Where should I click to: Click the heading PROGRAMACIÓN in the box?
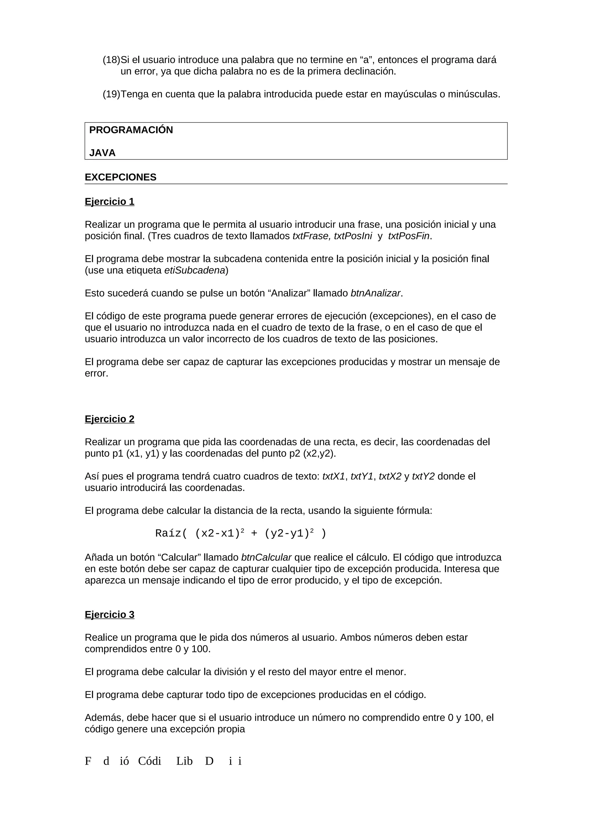131,130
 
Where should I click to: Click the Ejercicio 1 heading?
110,202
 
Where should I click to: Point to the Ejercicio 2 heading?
110,419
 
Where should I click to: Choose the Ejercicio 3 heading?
110,615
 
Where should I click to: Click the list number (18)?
111,60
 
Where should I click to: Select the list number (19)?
111,94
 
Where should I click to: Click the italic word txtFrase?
311,236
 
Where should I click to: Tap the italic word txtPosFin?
408,236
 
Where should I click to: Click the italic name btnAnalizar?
375,294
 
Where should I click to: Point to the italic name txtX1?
333,477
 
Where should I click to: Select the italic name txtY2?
423,477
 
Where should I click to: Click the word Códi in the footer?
149,761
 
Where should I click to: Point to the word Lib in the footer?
184,761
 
